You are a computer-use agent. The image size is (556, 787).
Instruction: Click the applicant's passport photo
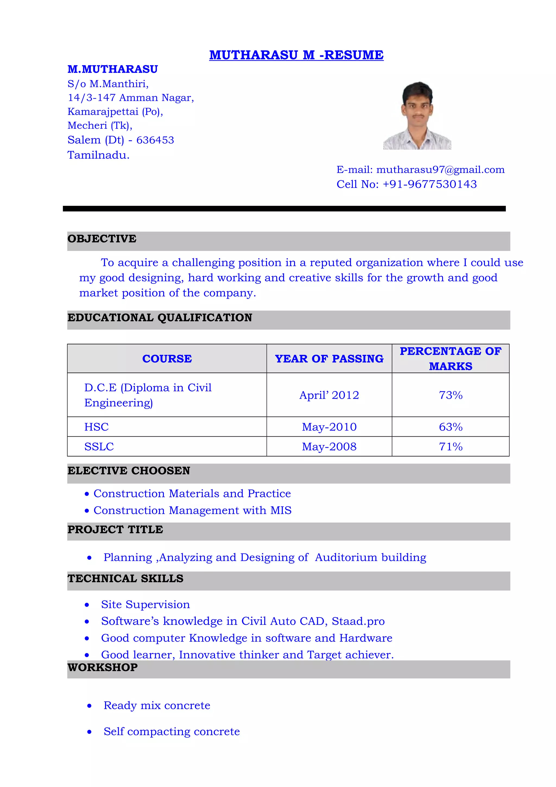coord(417,116)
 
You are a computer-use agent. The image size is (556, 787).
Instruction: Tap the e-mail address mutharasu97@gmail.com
coord(440,170)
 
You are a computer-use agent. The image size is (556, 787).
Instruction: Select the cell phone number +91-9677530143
coord(429,184)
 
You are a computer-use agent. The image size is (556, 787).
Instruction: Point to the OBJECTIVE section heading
coord(102,238)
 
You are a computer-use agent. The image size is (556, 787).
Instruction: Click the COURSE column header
coord(167,358)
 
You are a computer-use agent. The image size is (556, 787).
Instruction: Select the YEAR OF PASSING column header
coord(329,358)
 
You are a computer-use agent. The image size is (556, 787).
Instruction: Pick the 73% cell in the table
coord(450,395)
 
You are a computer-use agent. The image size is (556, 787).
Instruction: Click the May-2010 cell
coord(329,427)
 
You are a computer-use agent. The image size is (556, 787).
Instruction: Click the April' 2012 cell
coord(329,395)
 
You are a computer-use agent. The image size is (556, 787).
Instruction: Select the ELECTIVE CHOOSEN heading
coord(128,471)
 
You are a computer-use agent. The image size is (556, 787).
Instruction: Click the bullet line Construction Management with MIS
coord(192,510)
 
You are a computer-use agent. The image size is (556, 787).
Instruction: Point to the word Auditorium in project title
coord(346,557)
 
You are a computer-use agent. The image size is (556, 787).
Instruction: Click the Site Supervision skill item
coord(145,604)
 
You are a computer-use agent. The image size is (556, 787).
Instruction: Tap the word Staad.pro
coord(358,621)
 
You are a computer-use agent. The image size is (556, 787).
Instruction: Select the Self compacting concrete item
coord(171,732)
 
